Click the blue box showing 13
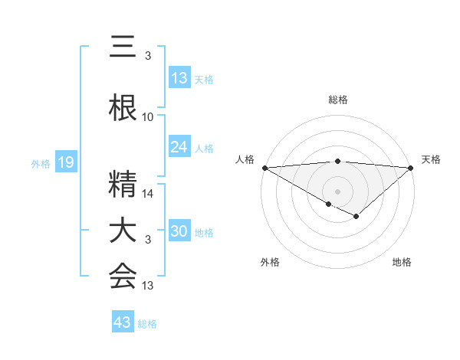[x=179, y=78]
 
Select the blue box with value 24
[x=179, y=147]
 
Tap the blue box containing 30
[x=179, y=231]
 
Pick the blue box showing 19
[x=65, y=162]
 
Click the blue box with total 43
[x=122, y=322]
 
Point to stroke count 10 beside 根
[x=148, y=117]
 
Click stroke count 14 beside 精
[x=148, y=194]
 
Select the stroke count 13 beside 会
[x=148, y=286]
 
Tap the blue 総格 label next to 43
[x=147, y=324]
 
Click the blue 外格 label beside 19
[x=41, y=163]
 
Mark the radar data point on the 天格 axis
[x=411, y=168]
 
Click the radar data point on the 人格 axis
[x=264, y=168]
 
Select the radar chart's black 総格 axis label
[x=337, y=100]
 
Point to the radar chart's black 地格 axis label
[x=402, y=262]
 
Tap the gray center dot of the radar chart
[x=337, y=191]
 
